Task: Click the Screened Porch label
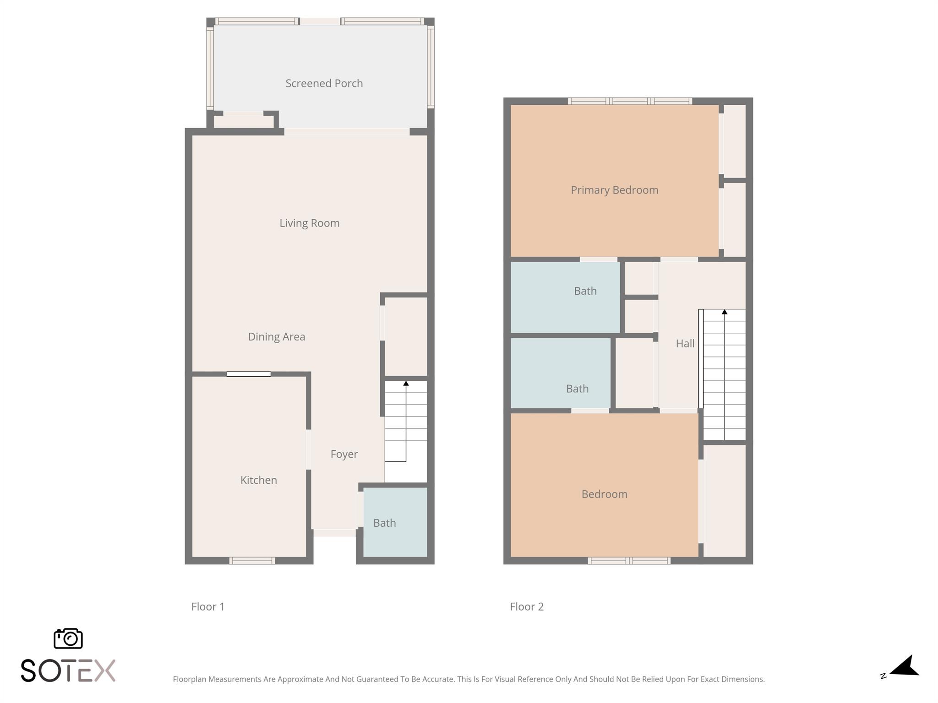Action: (x=324, y=83)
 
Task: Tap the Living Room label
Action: (x=310, y=223)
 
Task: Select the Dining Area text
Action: (x=276, y=337)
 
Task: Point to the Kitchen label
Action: (x=258, y=480)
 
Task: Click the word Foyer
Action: (x=344, y=454)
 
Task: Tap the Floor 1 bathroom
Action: (x=395, y=522)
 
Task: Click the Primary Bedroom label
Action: (x=614, y=190)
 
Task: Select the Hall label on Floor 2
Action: (x=685, y=343)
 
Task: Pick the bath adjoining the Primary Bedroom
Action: (x=565, y=297)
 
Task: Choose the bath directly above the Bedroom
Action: (x=561, y=373)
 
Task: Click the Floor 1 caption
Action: (x=208, y=606)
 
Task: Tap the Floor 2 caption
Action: (x=527, y=606)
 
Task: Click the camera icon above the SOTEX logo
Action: (x=68, y=638)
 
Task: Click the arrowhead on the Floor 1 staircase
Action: (x=406, y=383)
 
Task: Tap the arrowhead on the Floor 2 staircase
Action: (x=725, y=312)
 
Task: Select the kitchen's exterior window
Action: (x=252, y=561)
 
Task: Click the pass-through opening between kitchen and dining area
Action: (x=249, y=374)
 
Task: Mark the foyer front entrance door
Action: (x=334, y=533)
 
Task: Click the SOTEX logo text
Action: (x=68, y=671)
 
